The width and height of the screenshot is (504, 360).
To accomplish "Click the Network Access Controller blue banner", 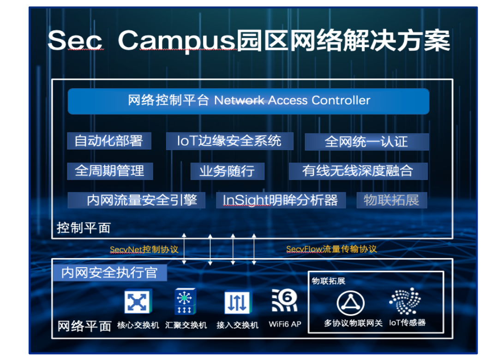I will pos(248,101).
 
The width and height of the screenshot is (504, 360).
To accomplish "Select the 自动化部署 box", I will pos(109,141).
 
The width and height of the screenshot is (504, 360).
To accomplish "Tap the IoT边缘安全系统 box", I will pos(229,141).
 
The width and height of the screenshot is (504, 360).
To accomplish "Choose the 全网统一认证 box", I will pos(366,142).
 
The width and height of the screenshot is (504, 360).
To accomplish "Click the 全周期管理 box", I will pos(110,171).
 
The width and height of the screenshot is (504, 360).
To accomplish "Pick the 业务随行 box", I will pos(227,171).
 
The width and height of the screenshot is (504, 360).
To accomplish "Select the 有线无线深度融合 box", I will pos(358,171).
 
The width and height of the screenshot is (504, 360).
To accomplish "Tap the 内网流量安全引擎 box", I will pos(137,200).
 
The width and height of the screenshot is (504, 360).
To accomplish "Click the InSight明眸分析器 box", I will pos(281,200).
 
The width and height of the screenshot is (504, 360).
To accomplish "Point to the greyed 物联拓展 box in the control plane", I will pos(391,200).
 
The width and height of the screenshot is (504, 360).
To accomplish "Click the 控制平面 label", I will pos(84,228).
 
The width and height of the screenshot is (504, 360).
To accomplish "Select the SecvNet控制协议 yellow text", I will pos(144,250).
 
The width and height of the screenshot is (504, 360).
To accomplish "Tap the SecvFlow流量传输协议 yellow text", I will pos(331,249).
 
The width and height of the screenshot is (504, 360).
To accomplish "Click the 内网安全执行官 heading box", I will pos(109,273).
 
